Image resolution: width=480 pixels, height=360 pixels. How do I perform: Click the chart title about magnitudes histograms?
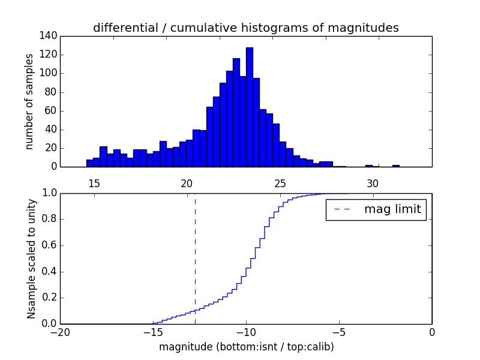(x=245, y=28)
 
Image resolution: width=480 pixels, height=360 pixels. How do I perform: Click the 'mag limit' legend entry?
(x=376, y=209)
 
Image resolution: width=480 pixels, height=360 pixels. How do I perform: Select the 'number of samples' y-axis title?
(x=29, y=101)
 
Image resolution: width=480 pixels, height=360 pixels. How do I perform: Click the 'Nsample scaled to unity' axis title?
(x=31, y=258)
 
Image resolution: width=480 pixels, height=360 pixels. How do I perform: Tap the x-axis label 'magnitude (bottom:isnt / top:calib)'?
(x=246, y=347)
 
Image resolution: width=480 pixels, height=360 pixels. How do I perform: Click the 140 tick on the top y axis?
(x=49, y=36)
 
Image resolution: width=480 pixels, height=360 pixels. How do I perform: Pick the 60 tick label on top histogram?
(x=52, y=110)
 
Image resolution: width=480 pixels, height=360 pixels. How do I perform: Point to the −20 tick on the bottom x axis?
(x=60, y=332)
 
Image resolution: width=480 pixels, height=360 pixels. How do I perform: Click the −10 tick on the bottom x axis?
(x=246, y=332)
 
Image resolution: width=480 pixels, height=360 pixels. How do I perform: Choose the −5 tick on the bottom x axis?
(x=339, y=332)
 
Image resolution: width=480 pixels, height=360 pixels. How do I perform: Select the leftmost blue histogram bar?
(x=89, y=163)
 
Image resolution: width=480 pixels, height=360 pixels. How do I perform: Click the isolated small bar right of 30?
(x=396, y=166)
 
